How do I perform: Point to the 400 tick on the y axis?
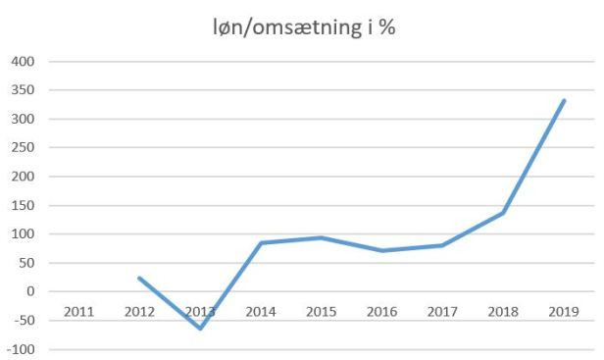click(x=22, y=62)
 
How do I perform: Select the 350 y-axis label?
click(x=22, y=90)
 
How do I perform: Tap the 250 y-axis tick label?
click(x=22, y=148)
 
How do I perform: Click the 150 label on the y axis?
click(x=22, y=206)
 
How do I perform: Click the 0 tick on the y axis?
click(x=29, y=292)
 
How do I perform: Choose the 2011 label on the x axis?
click(x=79, y=311)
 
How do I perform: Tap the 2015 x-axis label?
click(x=321, y=311)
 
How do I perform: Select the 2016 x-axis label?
click(x=381, y=311)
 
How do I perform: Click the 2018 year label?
click(x=503, y=311)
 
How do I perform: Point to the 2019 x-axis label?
click(x=563, y=311)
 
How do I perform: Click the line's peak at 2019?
click(x=564, y=100)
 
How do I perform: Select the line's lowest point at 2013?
click(x=200, y=328)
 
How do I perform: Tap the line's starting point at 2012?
click(x=139, y=278)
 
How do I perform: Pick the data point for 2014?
click(x=261, y=242)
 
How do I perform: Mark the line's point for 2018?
click(x=503, y=213)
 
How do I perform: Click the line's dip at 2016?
click(x=381, y=250)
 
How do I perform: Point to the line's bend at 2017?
click(x=442, y=245)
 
